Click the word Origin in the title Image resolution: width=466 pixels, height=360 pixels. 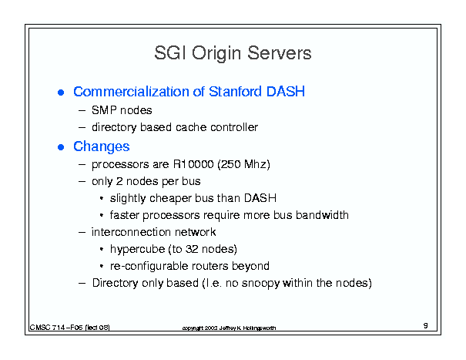216,54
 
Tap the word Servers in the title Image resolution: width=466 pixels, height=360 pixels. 280,53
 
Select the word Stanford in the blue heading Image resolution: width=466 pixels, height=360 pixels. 236,91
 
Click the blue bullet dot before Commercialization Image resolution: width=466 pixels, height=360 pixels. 61,93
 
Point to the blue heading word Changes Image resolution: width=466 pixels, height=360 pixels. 102,146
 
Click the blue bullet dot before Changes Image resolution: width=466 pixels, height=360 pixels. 61,147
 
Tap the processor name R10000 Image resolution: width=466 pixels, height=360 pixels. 193,164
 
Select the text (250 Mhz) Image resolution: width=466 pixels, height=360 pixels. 243,164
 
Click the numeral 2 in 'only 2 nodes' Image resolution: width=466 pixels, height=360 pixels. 119,181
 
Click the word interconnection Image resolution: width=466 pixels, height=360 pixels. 131,232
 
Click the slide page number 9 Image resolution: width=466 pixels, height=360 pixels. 426,325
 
